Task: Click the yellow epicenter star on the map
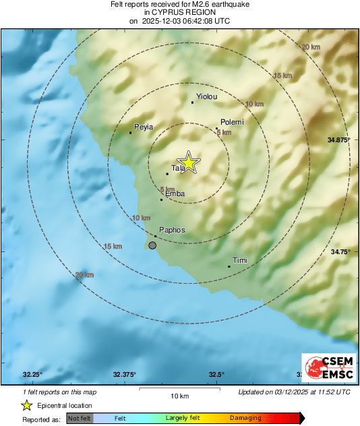189,162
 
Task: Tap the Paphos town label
172,230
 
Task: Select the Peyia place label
144,127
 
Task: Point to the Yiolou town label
206,97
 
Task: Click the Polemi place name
231,122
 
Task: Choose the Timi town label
240,260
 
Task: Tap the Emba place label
175,194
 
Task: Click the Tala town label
178,168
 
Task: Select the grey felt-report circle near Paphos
152,246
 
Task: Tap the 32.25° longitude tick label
32,375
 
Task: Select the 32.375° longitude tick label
125,375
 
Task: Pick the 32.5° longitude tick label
217,375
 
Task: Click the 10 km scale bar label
179,395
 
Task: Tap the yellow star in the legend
26,405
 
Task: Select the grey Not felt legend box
80,418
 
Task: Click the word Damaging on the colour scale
245,418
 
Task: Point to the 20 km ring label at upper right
311,47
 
